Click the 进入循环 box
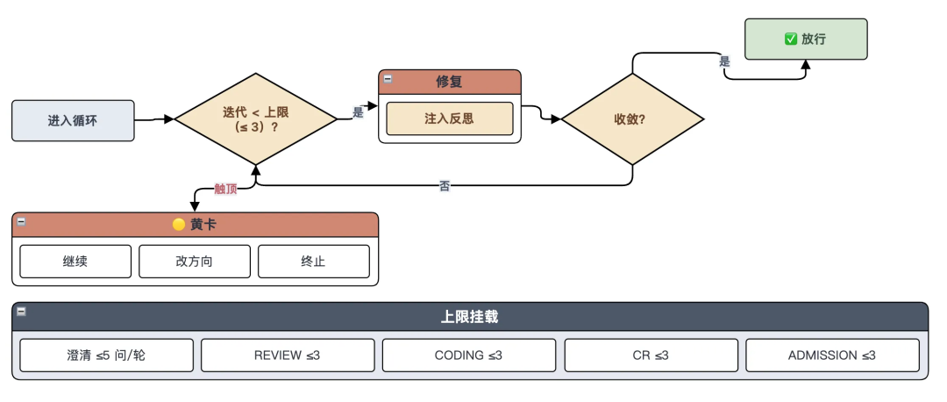tap(73, 121)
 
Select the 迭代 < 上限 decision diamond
tap(255, 119)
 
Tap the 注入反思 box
tap(449, 118)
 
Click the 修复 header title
tap(449, 82)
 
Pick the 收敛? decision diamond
tap(632, 119)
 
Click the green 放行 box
tap(806, 39)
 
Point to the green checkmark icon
tap(791, 39)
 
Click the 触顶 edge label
tap(226, 189)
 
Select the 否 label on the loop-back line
tap(445, 186)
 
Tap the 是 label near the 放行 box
tap(725, 61)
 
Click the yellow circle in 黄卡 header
tap(179, 225)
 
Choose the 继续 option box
tap(75, 262)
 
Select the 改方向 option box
tap(195, 262)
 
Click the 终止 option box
tap(313, 262)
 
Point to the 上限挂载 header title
tap(469, 317)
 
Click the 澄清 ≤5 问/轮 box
tap(106, 355)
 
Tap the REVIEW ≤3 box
tap(288, 355)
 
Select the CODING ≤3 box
tap(468, 355)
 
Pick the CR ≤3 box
tap(651, 355)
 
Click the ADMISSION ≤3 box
tap(832, 355)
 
